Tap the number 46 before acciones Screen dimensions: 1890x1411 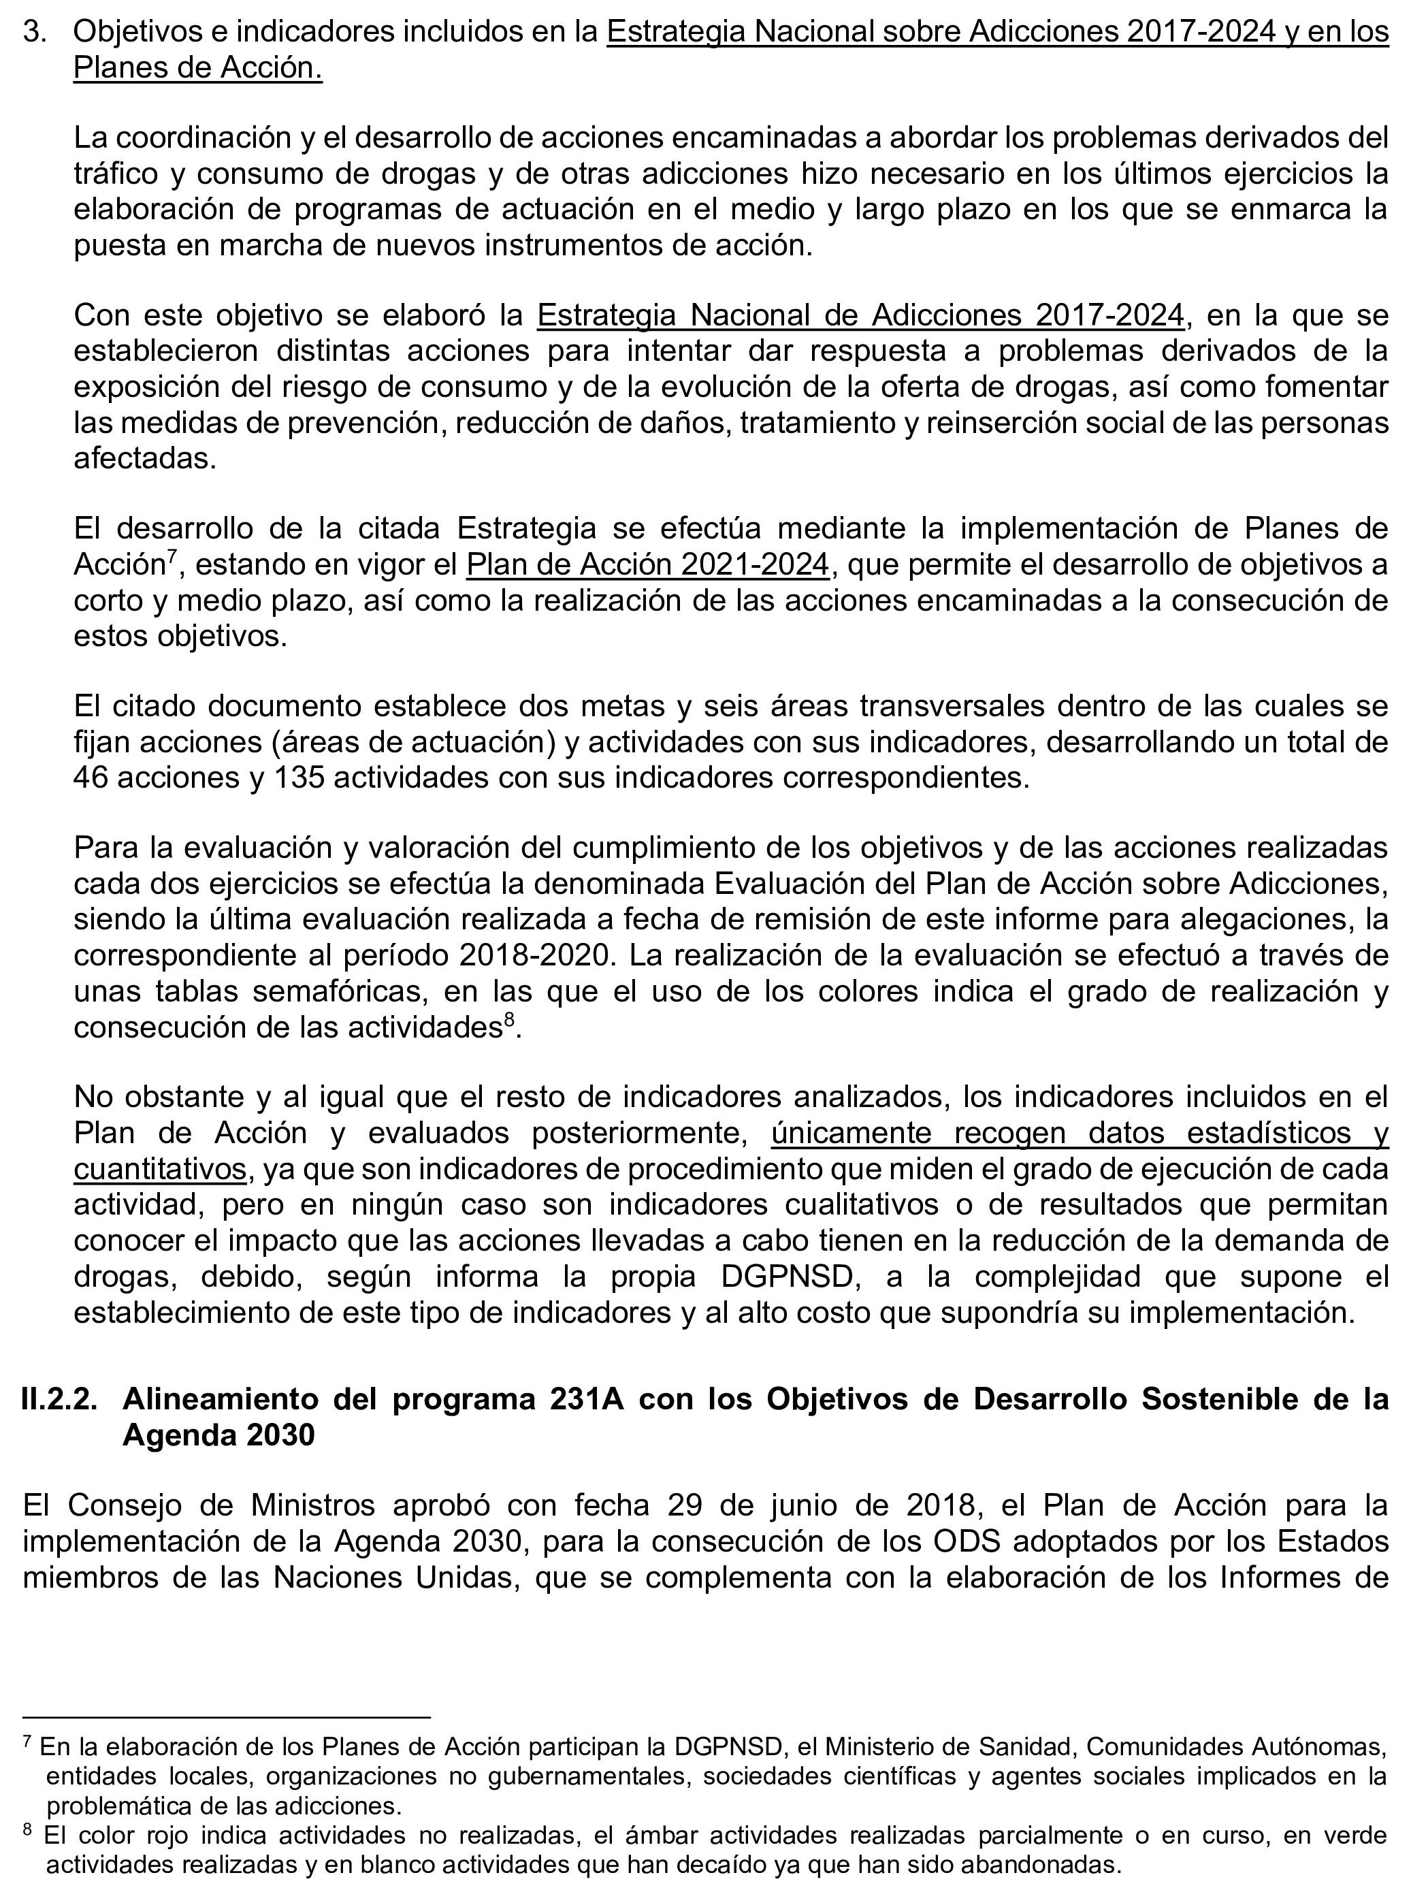coord(91,778)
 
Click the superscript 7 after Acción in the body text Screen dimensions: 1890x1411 coord(171,556)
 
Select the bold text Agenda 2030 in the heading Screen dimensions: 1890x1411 coord(218,1435)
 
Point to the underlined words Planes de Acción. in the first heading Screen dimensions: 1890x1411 coord(197,68)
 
